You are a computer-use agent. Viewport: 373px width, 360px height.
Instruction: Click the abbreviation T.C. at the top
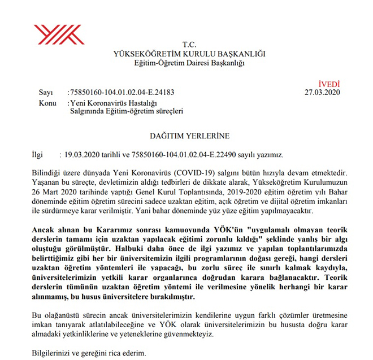[188, 44]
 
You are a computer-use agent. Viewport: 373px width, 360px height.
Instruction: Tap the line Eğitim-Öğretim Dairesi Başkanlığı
[189, 63]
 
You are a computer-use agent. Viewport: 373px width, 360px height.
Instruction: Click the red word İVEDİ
[329, 83]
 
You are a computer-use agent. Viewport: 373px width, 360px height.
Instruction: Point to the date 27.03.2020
[322, 92]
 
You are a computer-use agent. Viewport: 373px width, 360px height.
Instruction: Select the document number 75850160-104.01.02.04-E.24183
[122, 92]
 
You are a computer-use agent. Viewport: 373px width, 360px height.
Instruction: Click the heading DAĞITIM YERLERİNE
[189, 136]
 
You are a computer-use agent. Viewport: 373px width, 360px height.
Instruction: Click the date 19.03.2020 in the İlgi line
[83, 154]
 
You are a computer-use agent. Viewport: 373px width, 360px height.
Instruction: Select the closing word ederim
[133, 353]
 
